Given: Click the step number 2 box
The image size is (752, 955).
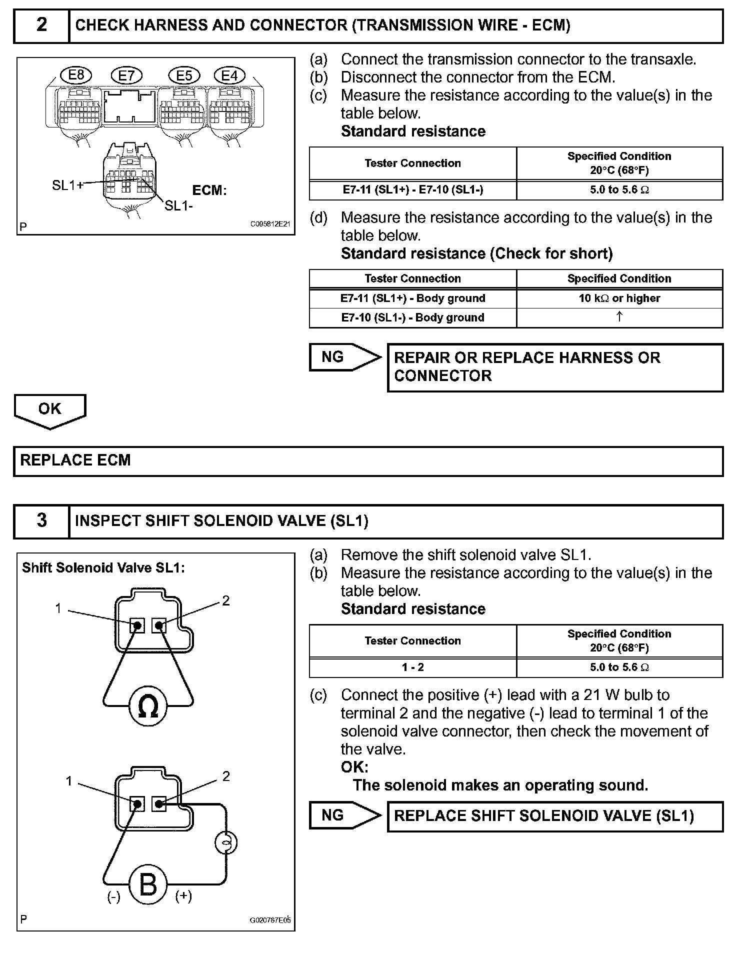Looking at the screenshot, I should [41, 25].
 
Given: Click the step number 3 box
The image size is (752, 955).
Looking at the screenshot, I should [41, 520].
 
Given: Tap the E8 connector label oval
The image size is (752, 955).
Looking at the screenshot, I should [76, 75].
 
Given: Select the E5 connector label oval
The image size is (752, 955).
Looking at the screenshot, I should [184, 75].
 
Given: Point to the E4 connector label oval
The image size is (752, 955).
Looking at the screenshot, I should [229, 75].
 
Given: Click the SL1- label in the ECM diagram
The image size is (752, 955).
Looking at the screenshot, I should [179, 205].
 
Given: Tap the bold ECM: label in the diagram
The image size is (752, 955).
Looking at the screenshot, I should [209, 190].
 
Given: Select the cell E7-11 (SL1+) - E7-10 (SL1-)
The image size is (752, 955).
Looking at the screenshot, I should [413, 190].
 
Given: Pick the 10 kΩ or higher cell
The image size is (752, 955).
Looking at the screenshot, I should [619, 298].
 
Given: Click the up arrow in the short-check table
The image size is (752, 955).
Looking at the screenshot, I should [619, 317].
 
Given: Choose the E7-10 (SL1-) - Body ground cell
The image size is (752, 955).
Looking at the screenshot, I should [413, 317].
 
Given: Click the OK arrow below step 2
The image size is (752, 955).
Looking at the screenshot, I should [50, 410].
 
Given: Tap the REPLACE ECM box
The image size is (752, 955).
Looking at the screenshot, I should [368, 460].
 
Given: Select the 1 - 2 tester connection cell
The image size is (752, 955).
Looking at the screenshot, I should [413, 667].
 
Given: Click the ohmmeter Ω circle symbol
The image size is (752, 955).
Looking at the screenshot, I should [147, 706].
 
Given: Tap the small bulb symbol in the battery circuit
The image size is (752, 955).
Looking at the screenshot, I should [225, 843].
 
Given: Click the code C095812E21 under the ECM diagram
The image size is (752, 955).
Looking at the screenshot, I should [270, 224].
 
